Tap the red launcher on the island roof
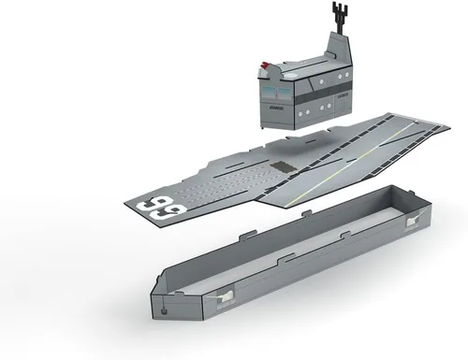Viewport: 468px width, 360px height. tap(265, 65)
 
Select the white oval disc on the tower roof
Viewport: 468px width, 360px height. tap(291, 75)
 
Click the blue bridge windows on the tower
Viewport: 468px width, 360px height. tap(277, 93)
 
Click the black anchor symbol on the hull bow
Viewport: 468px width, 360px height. tap(163, 310)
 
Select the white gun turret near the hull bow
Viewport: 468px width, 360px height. tap(225, 297)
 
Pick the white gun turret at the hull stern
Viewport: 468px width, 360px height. tap(414, 221)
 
